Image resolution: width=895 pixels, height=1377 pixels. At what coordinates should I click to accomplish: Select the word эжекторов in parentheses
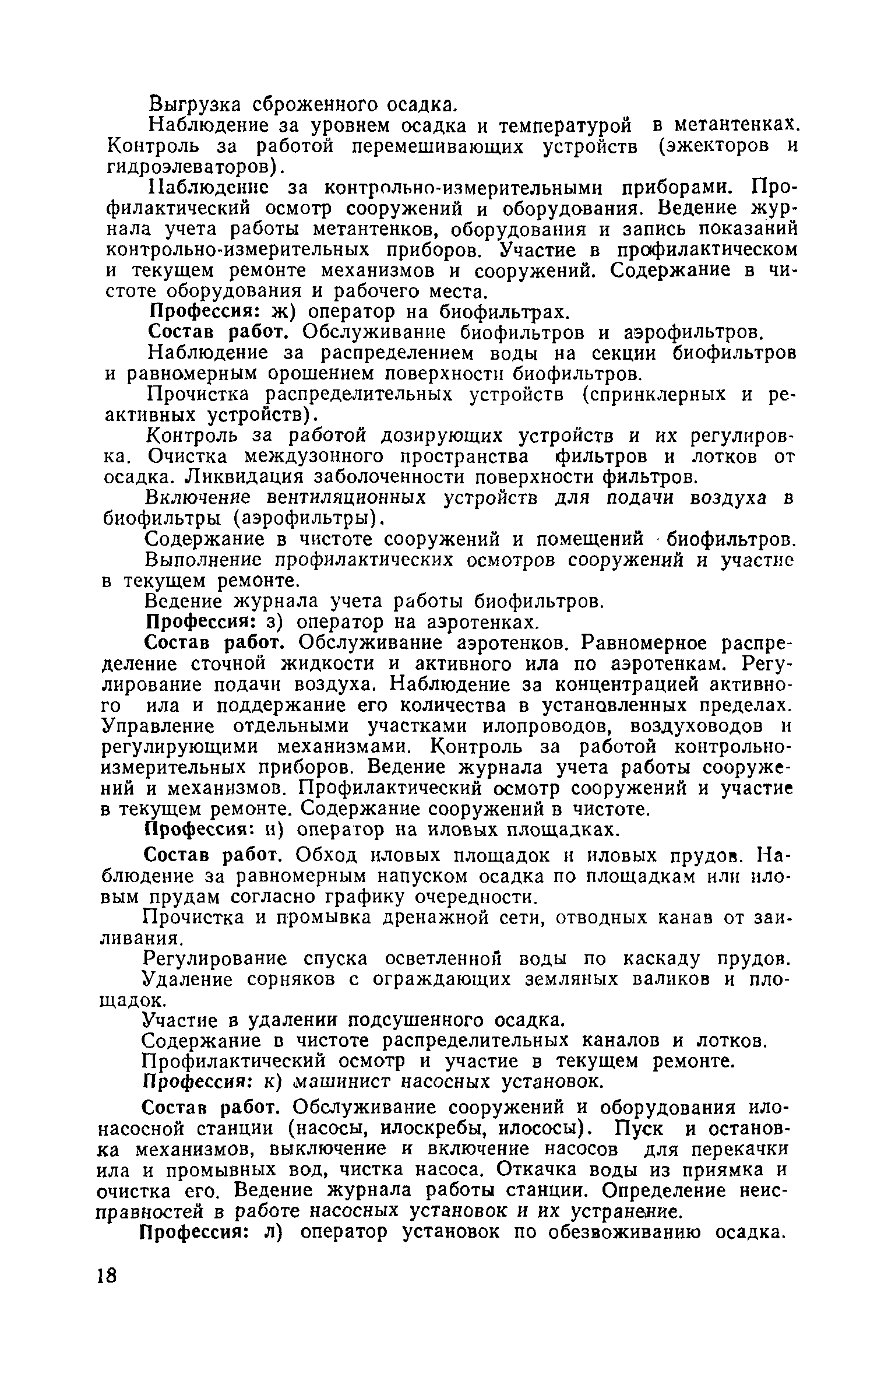713,146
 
